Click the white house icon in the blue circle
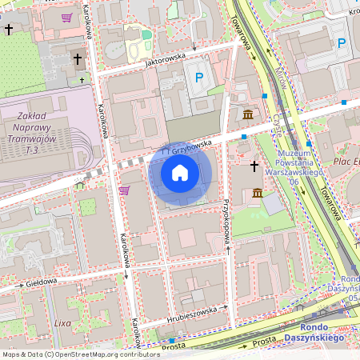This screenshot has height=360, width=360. pos(180,173)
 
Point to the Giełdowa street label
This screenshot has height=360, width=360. pos(39,282)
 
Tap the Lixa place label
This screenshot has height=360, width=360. pos(62,322)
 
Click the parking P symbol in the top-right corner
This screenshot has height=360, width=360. pos(342,43)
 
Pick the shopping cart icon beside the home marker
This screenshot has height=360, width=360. pos(124,190)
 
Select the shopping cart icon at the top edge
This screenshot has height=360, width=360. pos(66,17)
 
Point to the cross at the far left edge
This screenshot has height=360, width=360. pos(9,30)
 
